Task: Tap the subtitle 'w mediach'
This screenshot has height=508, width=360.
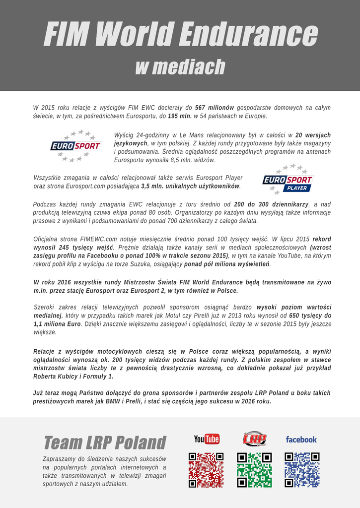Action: click(x=180, y=67)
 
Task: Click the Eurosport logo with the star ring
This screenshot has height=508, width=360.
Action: click(x=76, y=146)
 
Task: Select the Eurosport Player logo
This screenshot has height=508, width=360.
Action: click(x=288, y=179)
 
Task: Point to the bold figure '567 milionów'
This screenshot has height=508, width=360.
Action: click(x=215, y=108)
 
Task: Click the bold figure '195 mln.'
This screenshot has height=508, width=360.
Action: click(x=179, y=116)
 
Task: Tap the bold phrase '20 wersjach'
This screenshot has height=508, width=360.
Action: click(x=313, y=135)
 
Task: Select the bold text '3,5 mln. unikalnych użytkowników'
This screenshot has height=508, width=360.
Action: click(x=191, y=187)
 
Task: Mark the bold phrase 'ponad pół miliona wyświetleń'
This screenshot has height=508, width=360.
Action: click(x=230, y=264)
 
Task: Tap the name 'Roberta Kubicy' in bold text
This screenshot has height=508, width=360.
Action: click(x=54, y=377)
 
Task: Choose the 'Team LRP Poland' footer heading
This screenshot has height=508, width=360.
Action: click(x=105, y=443)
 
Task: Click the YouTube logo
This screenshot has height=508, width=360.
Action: click(x=207, y=439)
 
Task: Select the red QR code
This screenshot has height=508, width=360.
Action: click(x=206, y=470)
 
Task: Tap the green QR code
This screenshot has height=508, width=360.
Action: click(x=254, y=470)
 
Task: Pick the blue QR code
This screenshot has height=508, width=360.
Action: click(x=302, y=470)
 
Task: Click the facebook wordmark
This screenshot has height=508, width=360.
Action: click(x=301, y=440)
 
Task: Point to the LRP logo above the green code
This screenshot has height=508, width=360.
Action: click(x=254, y=439)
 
